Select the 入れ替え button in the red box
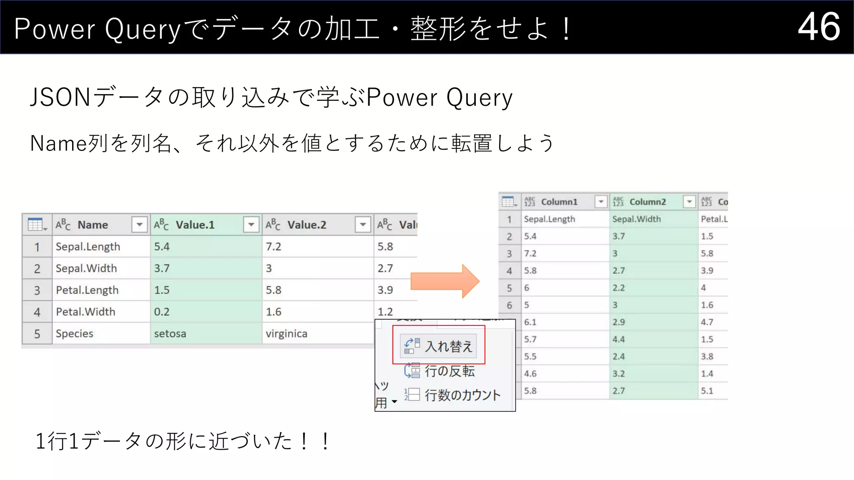(x=438, y=346)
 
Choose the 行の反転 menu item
(x=440, y=371)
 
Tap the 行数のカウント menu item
(x=453, y=395)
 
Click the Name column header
(x=93, y=225)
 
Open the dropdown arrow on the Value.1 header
(x=251, y=225)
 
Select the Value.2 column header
(x=306, y=225)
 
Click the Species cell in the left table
(x=75, y=334)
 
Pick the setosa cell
(x=170, y=334)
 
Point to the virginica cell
(x=286, y=334)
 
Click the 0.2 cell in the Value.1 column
(x=162, y=312)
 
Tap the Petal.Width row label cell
(x=85, y=312)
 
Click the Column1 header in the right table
(x=559, y=202)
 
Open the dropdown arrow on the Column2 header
(x=689, y=202)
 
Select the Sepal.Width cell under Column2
(x=636, y=219)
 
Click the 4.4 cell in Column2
(x=619, y=340)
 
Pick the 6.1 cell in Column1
(x=530, y=322)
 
